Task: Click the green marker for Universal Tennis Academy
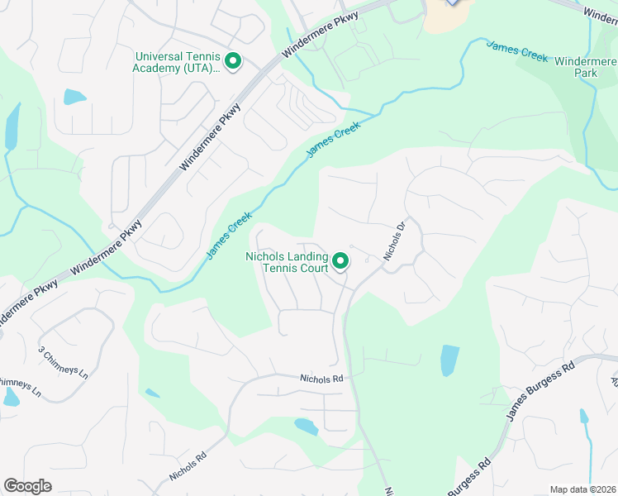point(233,61)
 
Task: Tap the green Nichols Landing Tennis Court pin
point(340,262)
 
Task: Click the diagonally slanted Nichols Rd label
point(188,467)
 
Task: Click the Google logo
point(27,486)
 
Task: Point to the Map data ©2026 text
point(582,489)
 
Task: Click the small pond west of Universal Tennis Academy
point(74,97)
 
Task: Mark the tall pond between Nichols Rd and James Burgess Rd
point(449,360)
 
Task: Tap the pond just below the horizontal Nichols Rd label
point(306,427)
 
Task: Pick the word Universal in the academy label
point(160,56)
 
